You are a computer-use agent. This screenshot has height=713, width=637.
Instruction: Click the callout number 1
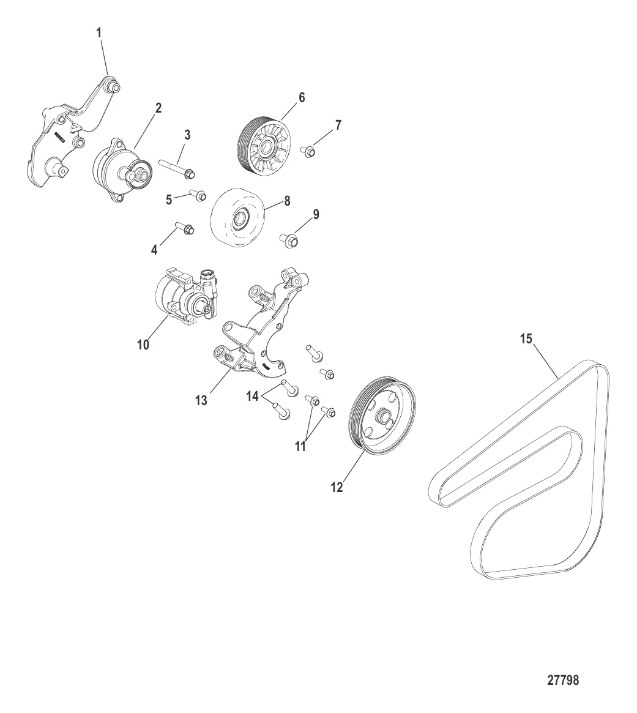pos(99,32)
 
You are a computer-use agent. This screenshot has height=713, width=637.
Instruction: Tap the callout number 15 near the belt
pos(526,339)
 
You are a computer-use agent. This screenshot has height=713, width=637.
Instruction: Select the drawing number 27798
pos(563,680)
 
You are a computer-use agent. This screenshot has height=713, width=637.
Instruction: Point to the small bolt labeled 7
pos(308,151)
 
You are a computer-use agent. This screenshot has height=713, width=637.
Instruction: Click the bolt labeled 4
pos(184,228)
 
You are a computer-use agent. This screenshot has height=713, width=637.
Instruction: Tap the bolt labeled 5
pos(198,195)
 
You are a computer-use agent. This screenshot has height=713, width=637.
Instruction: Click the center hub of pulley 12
pos(382,416)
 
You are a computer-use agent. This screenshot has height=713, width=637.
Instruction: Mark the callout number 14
pos(252,397)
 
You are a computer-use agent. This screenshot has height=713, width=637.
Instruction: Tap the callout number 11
pos(300,447)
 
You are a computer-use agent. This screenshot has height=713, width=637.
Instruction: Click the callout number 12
pos(337,487)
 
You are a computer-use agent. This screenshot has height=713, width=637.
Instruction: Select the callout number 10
pos(143,345)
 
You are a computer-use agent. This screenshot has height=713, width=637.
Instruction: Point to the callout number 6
pos(302,98)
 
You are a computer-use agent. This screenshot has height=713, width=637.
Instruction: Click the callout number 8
pos(287,201)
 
